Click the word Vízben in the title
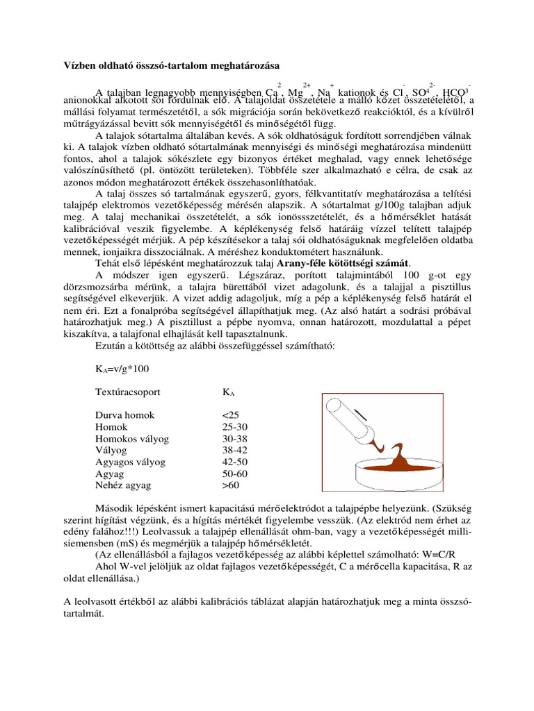pyautogui.click(x=71, y=65)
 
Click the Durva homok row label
pyautogui.click(x=125, y=415)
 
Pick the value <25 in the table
pyautogui.click(x=231, y=415)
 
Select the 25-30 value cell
pyautogui.click(x=234, y=427)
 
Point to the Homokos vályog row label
pyautogui.click(x=132, y=439)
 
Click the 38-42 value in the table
pyautogui.click(x=235, y=450)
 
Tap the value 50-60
pyautogui.click(x=235, y=474)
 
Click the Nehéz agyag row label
pyautogui.click(x=122, y=485)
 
